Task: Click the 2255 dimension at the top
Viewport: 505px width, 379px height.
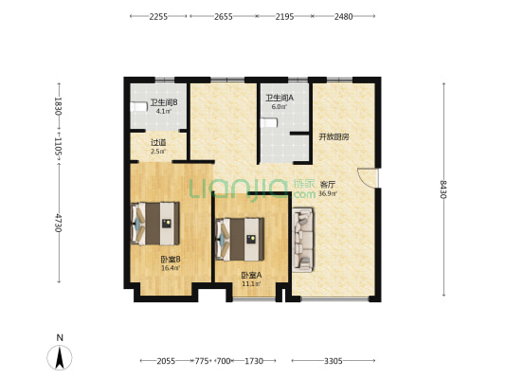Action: [x=158, y=16]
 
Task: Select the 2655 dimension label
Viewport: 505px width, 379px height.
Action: [x=224, y=16]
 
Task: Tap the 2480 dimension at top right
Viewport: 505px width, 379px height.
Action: [x=343, y=16]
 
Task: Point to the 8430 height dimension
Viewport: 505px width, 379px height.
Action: [x=443, y=189]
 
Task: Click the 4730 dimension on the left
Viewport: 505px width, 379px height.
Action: [x=59, y=223]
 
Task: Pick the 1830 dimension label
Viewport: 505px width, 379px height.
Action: [x=59, y=106]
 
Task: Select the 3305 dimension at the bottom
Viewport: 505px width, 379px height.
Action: [x=333, y=361]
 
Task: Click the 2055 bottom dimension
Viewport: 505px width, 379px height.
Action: [x=166, y=361]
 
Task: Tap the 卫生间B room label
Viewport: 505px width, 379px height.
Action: [x=164, y=102]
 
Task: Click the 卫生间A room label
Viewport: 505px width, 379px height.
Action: [x=280, y=98]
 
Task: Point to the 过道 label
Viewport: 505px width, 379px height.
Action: [x=158, y=142]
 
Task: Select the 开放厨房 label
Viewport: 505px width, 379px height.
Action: [x=334, y=136]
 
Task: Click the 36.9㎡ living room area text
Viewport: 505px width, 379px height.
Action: [x=328, y=193]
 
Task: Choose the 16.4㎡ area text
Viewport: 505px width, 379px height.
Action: [x=171, y=267]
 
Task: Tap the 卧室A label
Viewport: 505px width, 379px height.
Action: [x=251, y=276]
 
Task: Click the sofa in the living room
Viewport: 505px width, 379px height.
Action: [x=303, y=240]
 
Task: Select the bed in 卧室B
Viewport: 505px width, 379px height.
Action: [x=155, y=224]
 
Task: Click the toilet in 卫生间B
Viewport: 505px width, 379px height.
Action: [x=137, y=107]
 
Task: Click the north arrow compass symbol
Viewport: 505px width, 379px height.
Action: [x=60, y=358]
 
